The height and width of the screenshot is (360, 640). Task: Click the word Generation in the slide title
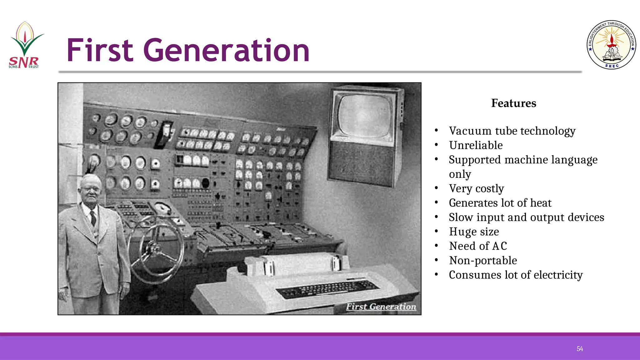(226, 50)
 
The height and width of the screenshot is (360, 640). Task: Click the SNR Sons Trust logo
(25, 45)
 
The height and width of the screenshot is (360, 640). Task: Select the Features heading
(513, 103)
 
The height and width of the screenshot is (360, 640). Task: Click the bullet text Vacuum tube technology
(512, 131)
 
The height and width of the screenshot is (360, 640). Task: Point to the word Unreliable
(476, 145)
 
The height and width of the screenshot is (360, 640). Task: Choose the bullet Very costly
(476, 188)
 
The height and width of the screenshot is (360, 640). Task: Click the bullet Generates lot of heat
(500, 203)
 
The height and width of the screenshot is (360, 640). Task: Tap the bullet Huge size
(474, 232)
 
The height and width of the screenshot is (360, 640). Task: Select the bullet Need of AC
(478, 246)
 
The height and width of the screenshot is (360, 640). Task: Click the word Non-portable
(483, 260)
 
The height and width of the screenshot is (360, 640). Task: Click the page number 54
(580, 349)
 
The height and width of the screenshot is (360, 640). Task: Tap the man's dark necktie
(93, 218)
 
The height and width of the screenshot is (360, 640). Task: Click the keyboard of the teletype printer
(328, 289)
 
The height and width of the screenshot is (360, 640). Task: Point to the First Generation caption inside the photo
(381, 307)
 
